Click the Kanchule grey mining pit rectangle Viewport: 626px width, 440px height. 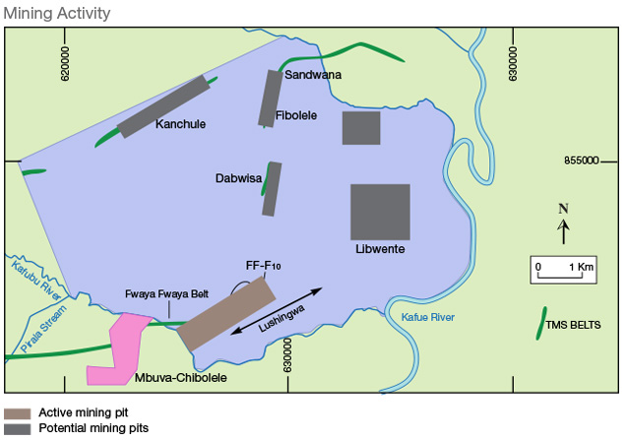[164, 106]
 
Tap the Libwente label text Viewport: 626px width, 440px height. [380, 250]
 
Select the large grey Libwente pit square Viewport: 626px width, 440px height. [380, 212]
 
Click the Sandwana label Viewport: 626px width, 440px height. [312, 75]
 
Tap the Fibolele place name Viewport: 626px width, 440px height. [296, 115]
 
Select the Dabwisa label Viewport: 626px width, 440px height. [238, 178]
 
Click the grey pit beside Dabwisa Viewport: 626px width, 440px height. [272, 189]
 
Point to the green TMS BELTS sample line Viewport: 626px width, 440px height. [541, 324]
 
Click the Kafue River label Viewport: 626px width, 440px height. [429, 316]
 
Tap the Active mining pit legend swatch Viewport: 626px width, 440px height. [18, 413]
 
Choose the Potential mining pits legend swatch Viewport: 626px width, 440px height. [18, 429]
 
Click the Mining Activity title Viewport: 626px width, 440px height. [57, 13]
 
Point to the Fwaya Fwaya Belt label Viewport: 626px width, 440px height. [167, 293]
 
